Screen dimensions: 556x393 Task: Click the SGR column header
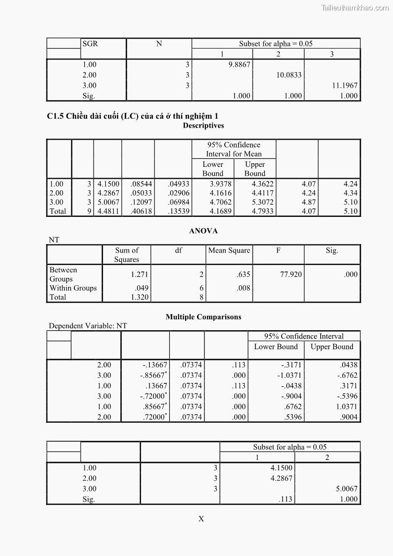(90, 44)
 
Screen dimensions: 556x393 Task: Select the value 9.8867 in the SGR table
(240, 64)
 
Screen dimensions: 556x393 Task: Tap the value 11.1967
(344, 86)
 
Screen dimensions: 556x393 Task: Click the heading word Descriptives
(203, 126)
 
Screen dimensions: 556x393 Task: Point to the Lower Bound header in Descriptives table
(213, 169)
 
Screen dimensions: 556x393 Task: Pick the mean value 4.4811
(108, 211)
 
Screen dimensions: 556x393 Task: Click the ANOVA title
(203, 231)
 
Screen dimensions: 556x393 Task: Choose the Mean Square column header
(229, 251)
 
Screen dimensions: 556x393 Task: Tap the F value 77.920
(291, 274)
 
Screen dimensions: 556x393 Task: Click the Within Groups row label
(73, 288)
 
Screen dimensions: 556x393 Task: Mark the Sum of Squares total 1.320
(140, 297)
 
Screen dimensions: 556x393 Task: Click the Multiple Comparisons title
(203, 317)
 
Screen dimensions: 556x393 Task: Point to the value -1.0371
(289, 375)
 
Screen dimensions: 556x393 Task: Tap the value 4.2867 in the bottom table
(282, 478)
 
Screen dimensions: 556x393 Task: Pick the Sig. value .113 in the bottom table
(286, 499)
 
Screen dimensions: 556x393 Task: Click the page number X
(201, 519)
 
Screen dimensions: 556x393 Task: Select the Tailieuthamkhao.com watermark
(355, 7)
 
